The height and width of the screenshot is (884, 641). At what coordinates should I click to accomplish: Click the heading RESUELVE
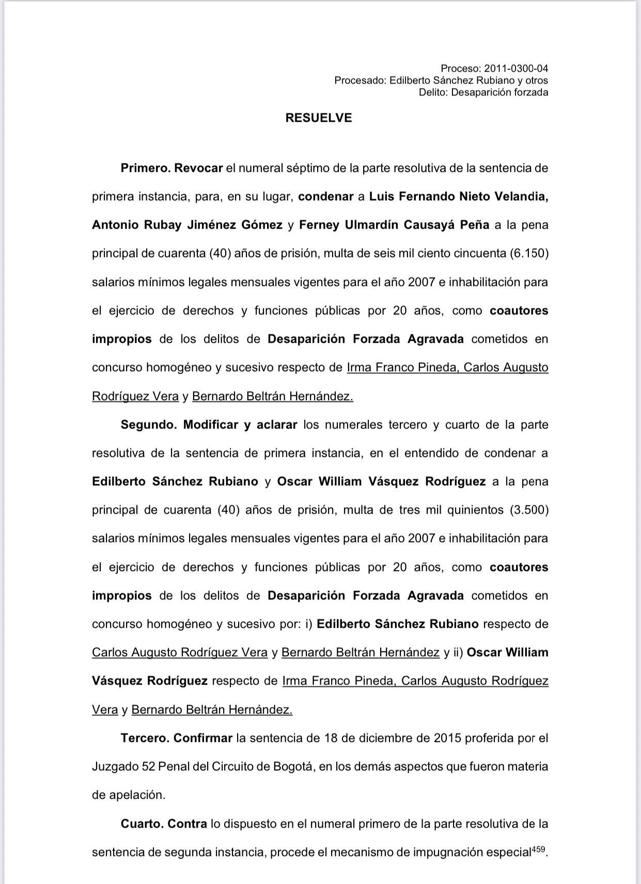pos(318,118)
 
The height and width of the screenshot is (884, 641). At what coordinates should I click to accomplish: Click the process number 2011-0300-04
pos(516,68)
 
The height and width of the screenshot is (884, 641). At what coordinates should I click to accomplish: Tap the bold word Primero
pos(145,168)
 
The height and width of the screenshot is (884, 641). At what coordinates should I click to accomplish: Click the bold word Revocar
pos(198,168)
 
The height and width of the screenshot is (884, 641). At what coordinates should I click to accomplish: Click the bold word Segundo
pos(149,424)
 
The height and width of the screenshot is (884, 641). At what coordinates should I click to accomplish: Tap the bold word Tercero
pos(145,738)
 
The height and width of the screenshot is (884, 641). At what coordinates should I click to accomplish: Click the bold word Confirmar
pos(203,738)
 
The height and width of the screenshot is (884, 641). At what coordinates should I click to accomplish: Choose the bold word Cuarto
pos(142,824)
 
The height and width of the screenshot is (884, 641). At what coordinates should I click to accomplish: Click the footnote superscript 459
pos(537,849)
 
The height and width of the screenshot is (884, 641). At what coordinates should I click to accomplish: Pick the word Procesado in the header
pos(359,81)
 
